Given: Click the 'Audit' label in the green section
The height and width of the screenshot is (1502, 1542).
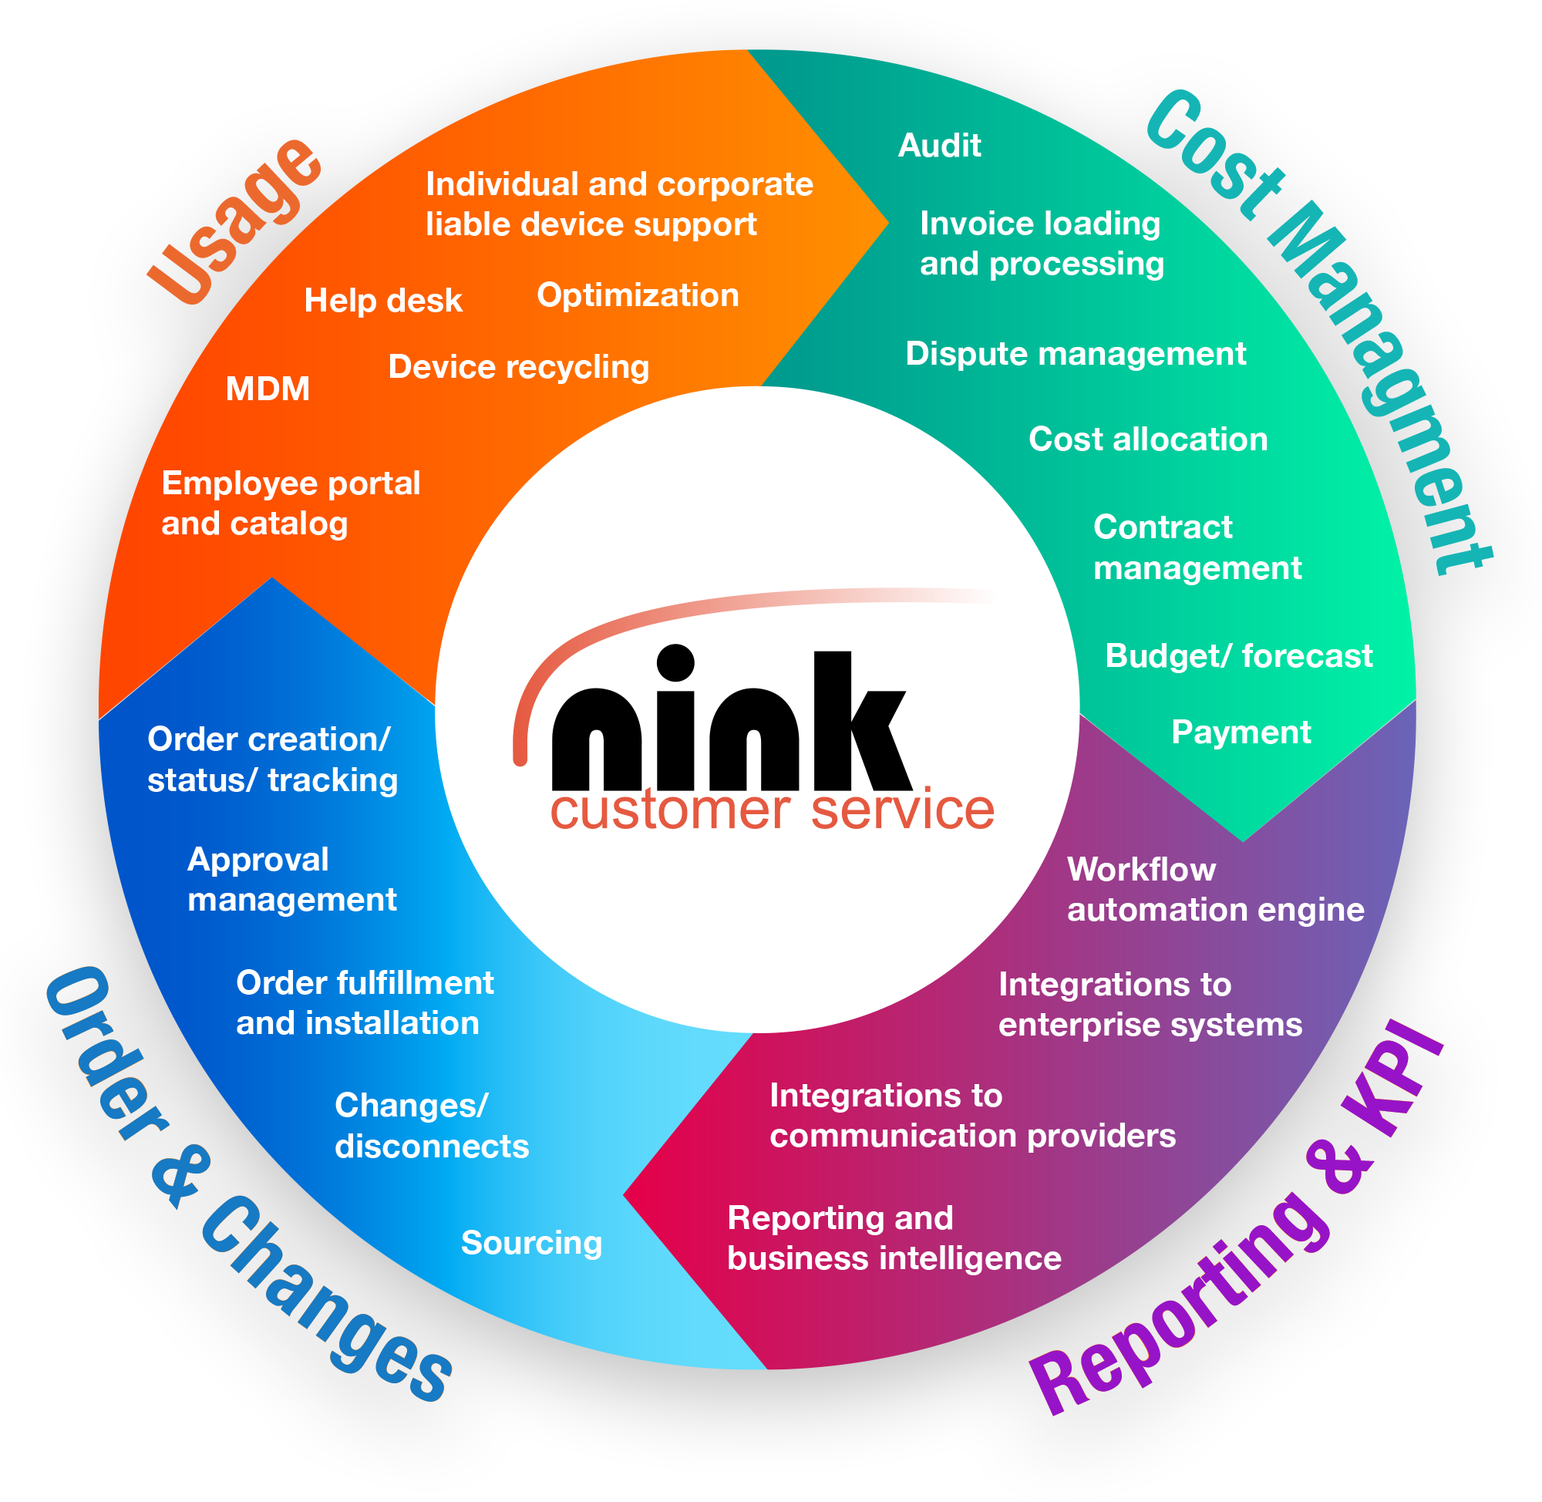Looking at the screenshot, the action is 939,146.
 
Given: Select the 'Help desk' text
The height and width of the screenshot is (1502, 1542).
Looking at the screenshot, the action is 383,301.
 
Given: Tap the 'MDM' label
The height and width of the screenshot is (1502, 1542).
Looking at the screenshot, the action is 268,389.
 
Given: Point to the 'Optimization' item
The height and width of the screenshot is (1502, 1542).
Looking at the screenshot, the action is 638,296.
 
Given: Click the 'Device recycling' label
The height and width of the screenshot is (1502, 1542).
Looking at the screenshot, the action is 519,368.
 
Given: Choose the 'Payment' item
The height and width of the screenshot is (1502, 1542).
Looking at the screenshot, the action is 1241,732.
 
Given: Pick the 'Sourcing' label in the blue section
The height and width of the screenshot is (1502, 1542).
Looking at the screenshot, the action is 532,1243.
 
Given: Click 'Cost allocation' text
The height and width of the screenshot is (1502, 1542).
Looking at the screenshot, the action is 1147,439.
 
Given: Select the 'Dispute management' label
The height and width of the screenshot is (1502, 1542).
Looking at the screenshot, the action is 1076,354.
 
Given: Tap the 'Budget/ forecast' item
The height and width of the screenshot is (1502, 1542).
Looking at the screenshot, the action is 1238,656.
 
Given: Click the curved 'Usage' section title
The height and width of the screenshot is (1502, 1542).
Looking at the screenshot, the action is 237,221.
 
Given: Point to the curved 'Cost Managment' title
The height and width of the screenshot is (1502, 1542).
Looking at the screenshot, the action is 1325,332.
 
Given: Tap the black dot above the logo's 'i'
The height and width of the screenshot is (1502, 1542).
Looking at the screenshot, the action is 675,662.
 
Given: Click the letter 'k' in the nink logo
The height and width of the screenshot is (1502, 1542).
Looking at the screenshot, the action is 860,722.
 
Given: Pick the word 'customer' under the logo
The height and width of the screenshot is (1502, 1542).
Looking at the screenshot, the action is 671,810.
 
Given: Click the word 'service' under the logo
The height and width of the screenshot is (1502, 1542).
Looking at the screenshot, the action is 902,810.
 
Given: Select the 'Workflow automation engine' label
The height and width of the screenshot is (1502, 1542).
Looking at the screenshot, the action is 1215,890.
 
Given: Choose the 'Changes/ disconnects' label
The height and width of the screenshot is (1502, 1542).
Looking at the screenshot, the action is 432,1126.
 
